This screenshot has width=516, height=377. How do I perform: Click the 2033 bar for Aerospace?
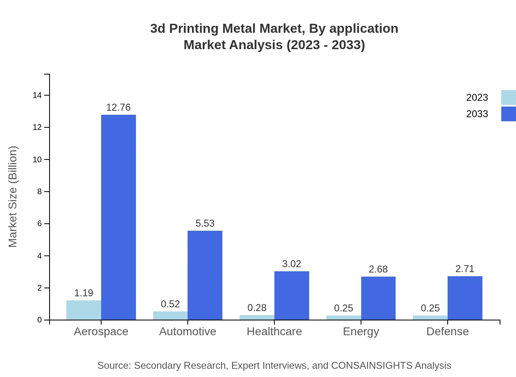click(118, 217)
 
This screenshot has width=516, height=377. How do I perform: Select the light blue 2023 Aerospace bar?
click(84, 310)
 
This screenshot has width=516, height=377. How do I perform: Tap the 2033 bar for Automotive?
click(205, 275)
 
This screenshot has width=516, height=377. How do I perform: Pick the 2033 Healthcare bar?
click(292, 295)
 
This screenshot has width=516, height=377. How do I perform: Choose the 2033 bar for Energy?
click(378, 298)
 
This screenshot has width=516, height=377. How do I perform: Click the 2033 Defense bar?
click(465, 298)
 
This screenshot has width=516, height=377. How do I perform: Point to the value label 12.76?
click(118, 107)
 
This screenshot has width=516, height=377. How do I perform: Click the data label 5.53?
click(205, 223)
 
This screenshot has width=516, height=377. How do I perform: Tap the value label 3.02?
click(292, 264)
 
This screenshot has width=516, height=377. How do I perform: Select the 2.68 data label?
click(378, 269)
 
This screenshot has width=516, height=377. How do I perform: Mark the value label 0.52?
click(170, 304)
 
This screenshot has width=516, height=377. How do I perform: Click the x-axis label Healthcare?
click(274, 332)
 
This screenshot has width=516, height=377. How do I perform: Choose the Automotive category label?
click(188, 332)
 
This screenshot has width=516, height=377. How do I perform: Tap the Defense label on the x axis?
click(448, 332)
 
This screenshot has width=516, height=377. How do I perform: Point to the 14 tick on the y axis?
click(37, 95)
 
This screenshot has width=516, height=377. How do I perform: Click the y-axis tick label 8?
click(40, 192)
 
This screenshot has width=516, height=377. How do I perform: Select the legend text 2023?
click(477, 98)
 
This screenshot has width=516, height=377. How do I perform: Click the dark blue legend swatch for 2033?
click(508, 114)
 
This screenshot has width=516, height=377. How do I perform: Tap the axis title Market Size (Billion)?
click(13, 197)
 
